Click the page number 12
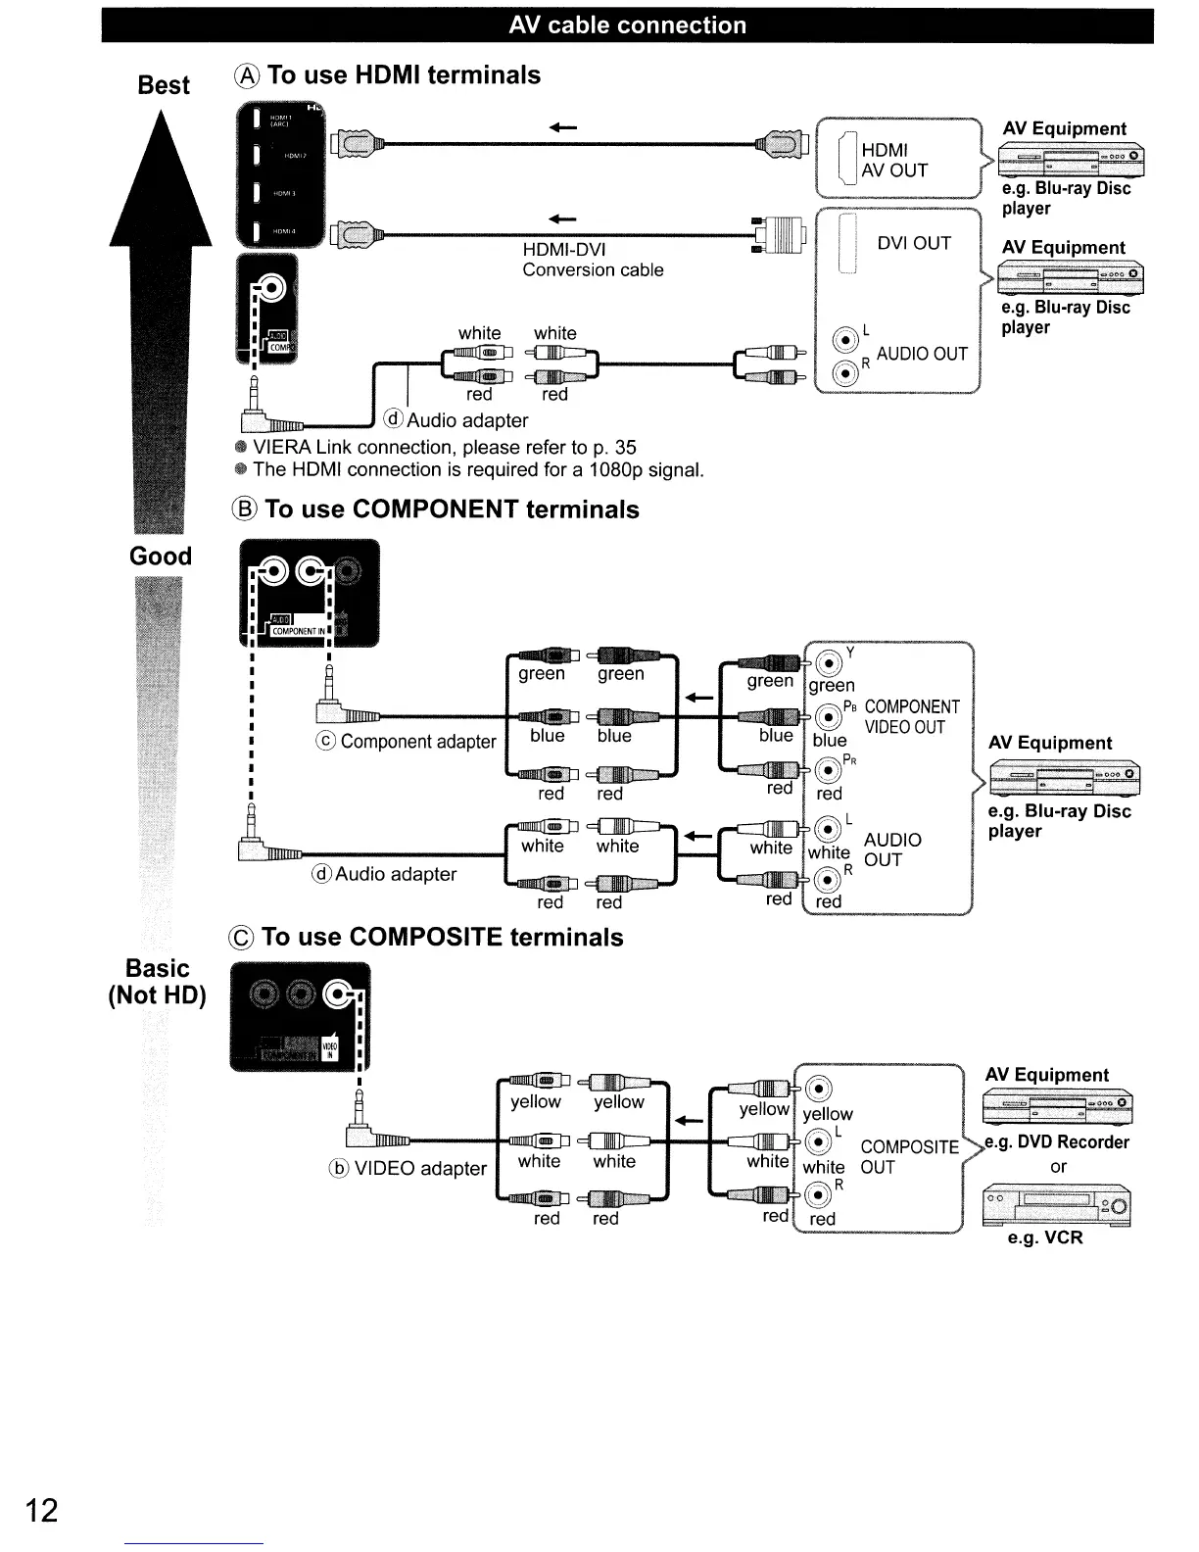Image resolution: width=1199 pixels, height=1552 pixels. (x=41, y=1510)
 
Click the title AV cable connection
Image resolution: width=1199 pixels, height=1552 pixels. (x=627, y=25)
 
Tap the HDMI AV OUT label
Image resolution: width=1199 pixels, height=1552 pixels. (x=893, y=160)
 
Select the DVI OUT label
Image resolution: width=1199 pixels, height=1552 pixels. (x=913, y=243)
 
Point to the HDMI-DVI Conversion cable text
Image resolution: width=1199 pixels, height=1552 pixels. (x=593, y=260)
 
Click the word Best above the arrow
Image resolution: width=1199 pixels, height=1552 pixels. (x=164, y=85)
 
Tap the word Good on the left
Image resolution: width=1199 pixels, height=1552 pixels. (x=161, y=557)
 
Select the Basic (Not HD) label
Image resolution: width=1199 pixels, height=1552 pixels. (x=157, y=982)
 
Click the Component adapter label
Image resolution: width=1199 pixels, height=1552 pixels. (x=408, y=742)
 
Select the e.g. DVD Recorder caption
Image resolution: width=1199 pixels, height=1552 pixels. (x=1057, y=1142)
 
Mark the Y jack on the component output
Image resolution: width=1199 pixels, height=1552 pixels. (x=829, y=663)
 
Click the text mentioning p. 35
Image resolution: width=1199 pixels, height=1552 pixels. (x=445, y=448)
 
